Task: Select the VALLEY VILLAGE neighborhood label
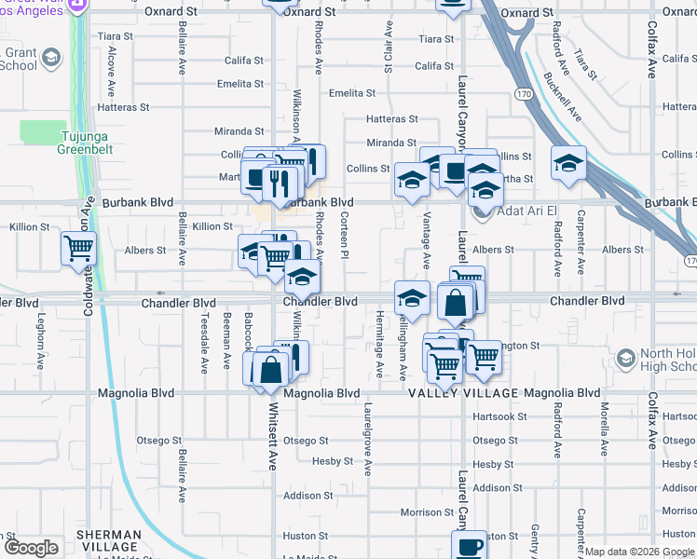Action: click(462, 393)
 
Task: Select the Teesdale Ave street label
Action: click(204, 342)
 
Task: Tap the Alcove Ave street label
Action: click(111, 75)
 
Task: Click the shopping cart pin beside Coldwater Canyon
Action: click(78, 248)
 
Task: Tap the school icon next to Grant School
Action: click(50, 59)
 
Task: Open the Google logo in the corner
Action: click(32, 548)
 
